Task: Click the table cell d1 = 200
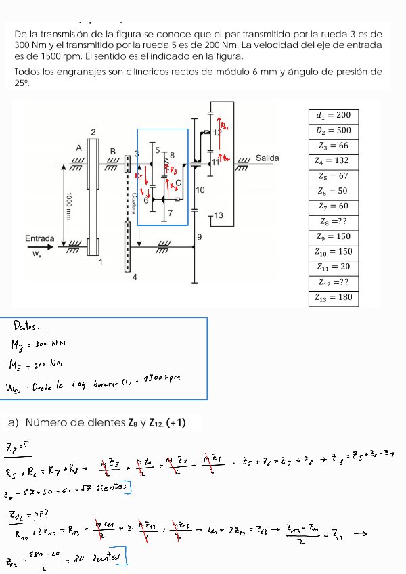[x=334, y=115]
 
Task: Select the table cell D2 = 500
[x=334, y=131]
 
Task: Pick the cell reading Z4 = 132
[x=334, y=161]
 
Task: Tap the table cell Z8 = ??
[x=334, y=221]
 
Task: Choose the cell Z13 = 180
[x=334, y=297]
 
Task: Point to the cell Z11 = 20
[x=334, y=267]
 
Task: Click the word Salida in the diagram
[x=267, y=158]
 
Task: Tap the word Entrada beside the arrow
[x=39, y=238]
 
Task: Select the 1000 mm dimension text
[x=69, y=206]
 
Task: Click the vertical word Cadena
[x=135, y=204]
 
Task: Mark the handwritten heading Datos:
[x=27, y=328]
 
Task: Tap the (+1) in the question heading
[x=173, y=424]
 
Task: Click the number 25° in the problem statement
[x=22, y=83]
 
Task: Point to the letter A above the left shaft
[x=78, y=148]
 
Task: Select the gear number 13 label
[x=215, y=215]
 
